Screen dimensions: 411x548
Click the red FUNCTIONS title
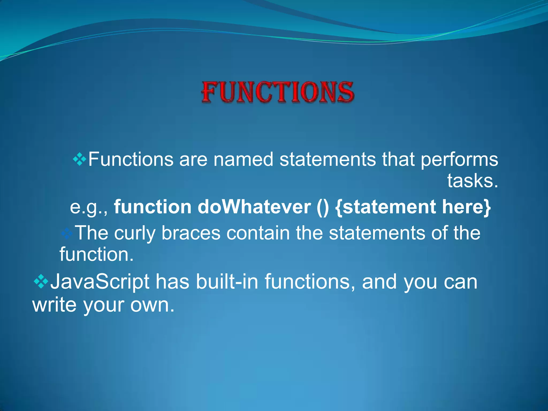278,92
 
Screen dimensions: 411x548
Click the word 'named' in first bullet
243,159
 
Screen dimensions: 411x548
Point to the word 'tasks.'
473,181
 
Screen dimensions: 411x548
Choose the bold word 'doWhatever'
254,207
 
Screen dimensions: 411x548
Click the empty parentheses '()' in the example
322,208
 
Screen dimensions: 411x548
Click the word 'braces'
191,233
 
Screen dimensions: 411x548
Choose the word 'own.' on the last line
152,305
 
